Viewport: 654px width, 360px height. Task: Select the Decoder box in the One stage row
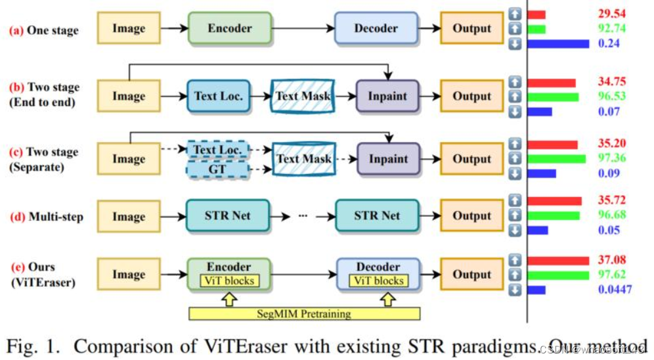click(376, 29)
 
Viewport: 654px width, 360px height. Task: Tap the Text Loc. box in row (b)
click(219, 97)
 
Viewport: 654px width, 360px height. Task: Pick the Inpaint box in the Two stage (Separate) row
click(387, 159)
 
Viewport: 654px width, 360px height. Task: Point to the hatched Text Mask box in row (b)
click(303, 97)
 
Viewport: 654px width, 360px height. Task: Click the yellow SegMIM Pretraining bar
click(304, 313)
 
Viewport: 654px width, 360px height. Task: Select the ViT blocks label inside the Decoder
click(379, 281)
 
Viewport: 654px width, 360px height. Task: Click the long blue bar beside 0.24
click(558, 44)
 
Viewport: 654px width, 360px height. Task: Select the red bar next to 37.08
click(558, 260)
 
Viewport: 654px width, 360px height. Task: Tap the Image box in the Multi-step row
click(129, 216)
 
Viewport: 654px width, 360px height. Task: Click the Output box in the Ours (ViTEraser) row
click(471, 275)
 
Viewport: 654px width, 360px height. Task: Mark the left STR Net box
click(227, 216)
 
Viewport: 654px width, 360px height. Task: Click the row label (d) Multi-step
click(46, 216)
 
